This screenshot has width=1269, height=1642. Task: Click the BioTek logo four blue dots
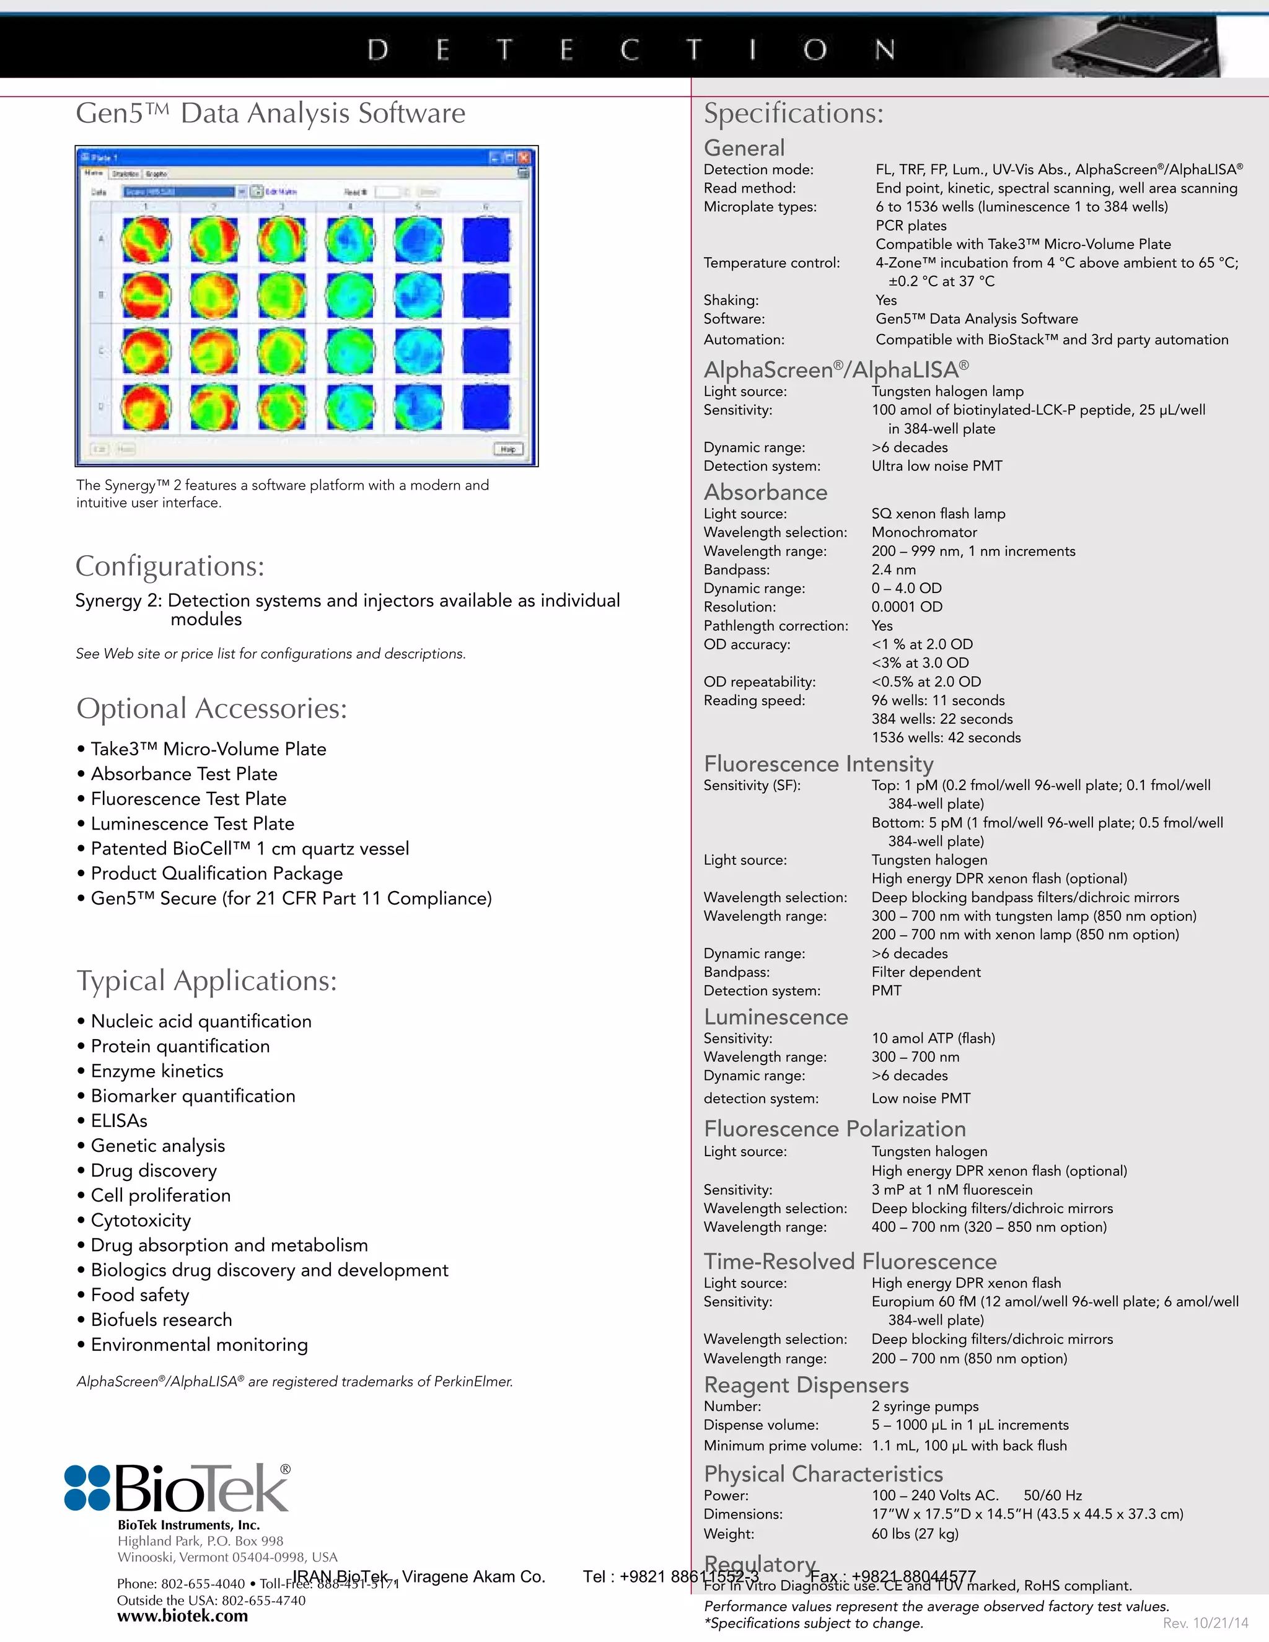click(87, 1488)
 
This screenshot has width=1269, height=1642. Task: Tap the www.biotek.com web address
click(182, 1616)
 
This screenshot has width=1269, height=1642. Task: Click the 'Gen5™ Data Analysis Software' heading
click(271, 113)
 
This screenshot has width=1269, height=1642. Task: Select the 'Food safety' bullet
click(140, 1294)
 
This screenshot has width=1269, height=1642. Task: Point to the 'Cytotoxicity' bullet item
click(141, 1220)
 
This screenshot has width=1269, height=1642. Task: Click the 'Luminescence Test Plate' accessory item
click(193, 823)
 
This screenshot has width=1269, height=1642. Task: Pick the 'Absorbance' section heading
click(765, 493)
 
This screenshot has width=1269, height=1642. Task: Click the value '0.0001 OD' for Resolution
click(907, 607)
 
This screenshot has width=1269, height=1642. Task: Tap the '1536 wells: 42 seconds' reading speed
click(946, 737)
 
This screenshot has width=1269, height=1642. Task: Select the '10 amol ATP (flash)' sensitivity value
click(933, 1038)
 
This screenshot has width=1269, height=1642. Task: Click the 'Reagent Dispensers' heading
click(806, 1385)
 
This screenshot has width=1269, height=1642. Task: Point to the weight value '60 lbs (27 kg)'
click(915, 1534)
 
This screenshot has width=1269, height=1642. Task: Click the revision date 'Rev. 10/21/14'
click(1205, 1623)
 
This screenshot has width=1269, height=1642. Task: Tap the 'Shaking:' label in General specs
click(731, 300)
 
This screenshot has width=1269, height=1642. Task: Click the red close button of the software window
click(524, 158)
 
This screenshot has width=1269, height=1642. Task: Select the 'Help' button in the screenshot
click(508, 449)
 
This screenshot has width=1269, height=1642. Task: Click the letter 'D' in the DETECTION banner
click(378, 50)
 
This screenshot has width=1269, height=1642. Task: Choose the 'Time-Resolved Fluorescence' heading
click(850, 1262)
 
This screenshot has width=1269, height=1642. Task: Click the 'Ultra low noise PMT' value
click(937, 466)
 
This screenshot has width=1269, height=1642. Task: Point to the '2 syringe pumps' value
click(924, 1407)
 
